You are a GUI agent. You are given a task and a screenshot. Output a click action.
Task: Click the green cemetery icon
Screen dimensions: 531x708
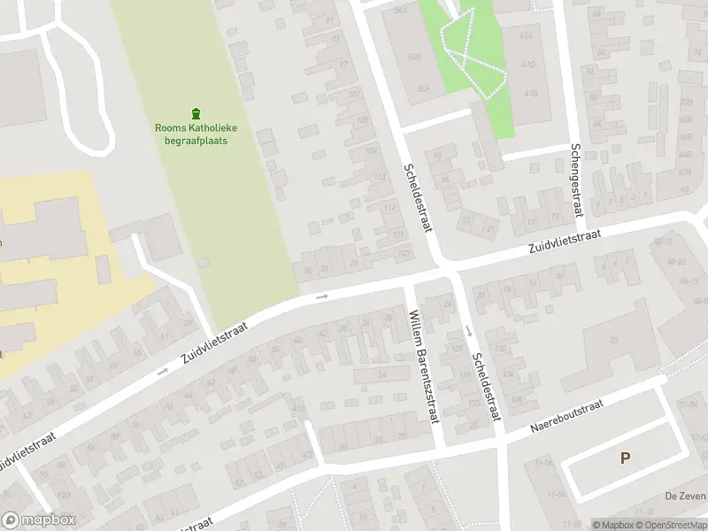click(196, 113)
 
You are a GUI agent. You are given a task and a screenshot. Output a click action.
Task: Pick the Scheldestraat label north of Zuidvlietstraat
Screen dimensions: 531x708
click(419, 197)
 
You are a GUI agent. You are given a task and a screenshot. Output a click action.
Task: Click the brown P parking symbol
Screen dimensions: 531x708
click(626, 458)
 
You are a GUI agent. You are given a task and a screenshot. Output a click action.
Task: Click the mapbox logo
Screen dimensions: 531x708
click(40, 520)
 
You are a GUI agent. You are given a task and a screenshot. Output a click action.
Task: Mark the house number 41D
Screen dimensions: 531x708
click(529, 65)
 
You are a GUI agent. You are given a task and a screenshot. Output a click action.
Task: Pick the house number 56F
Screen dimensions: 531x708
click(424, 88)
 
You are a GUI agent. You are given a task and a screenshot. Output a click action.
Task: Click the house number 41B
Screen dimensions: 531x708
click(531, 92)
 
